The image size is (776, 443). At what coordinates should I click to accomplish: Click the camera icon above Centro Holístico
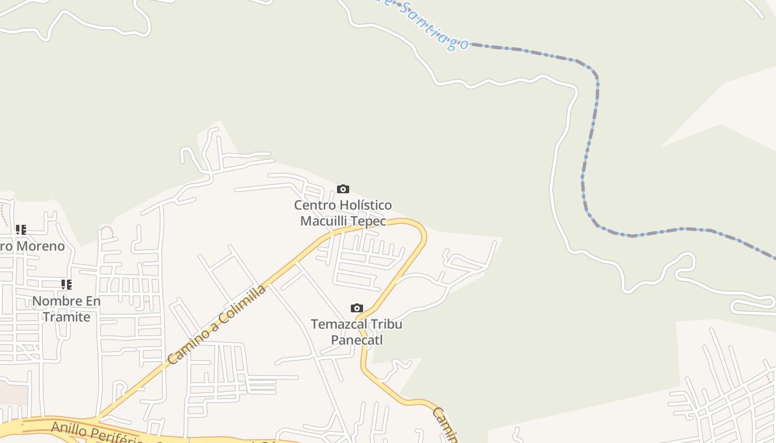point(343,189)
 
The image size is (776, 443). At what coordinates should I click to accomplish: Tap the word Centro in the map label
point(314,205)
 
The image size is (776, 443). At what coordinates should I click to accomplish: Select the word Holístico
point(365,205)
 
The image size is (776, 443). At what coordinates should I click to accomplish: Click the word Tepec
point(369,221)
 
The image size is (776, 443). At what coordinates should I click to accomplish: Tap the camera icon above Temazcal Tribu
point(357,308)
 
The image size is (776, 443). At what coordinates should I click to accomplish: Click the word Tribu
point(386,324)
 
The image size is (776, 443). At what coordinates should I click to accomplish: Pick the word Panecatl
point(357,339)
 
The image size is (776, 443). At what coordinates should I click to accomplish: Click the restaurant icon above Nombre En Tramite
point(66,285)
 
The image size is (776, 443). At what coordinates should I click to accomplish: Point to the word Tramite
point(67,317)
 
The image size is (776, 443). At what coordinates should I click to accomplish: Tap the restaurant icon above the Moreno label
point(21,229)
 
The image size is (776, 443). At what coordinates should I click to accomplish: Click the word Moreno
point(40,246)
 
